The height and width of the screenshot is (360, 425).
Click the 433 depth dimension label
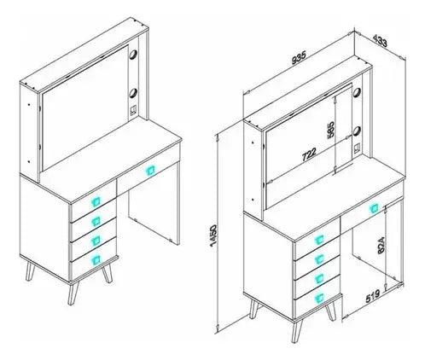tap(380, 40)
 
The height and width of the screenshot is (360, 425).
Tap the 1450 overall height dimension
tap(213, 235)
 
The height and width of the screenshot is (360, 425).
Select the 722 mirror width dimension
tap(309, 154)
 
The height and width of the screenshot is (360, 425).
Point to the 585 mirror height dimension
tap(330, 131)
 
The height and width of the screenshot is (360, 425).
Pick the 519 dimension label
tap(373, 296)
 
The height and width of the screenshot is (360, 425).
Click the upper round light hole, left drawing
tap(133, 55)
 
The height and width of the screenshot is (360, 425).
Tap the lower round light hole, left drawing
tap(133, 93)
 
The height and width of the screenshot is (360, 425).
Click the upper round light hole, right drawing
tap(357, 92)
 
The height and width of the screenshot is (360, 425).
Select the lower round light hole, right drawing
tap(357, 131)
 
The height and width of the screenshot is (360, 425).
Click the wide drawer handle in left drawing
tap(149, 171)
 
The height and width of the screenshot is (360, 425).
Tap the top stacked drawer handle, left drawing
tap(96, 201)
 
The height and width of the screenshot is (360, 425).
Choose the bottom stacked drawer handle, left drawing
tap(96, 259)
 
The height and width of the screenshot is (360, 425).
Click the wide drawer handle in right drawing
tap(374, 209)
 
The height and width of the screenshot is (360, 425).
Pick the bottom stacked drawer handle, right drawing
tap(319, 298)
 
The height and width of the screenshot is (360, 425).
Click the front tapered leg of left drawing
tap(73, 293)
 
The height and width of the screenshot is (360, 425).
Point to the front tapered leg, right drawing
tap(297, 331)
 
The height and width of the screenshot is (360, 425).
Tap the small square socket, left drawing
tap(133, 110)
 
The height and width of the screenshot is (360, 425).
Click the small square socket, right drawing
tap(357, 148)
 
